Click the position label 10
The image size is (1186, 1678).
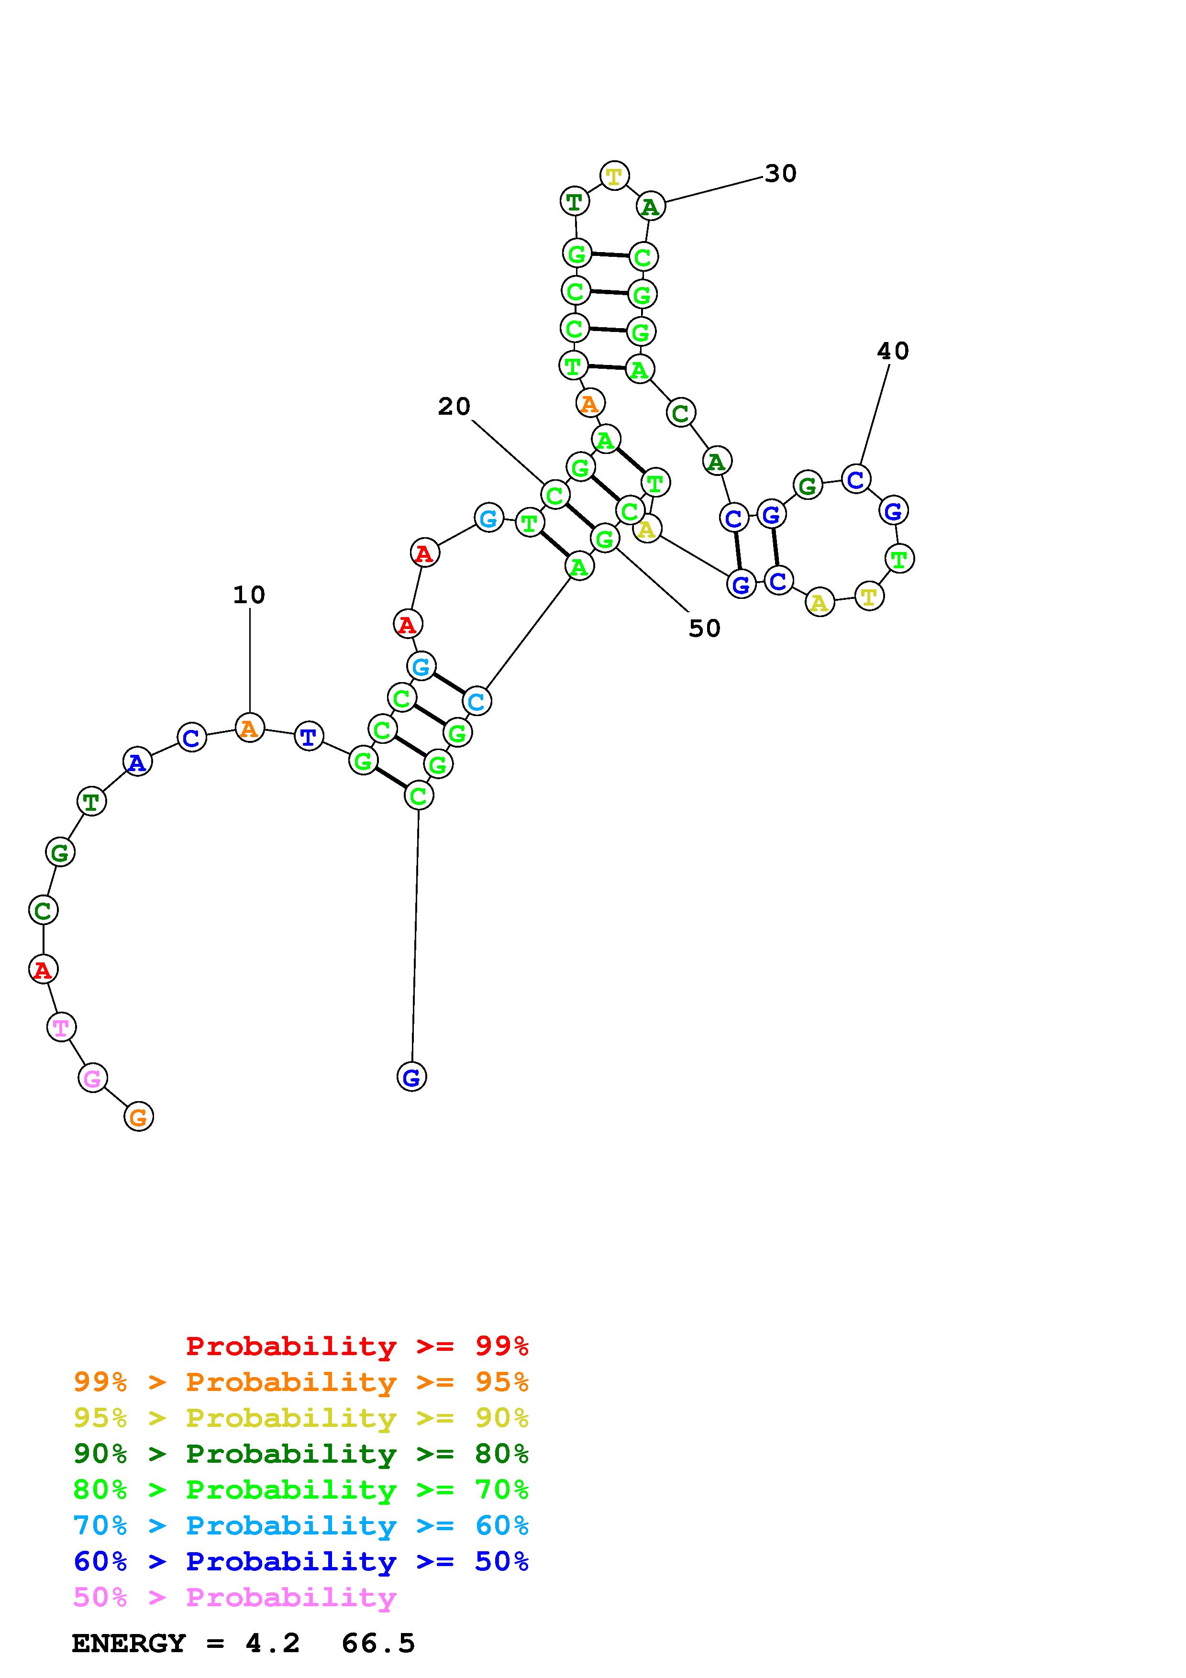[x=249, y=595]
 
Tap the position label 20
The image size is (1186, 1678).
[x=454, y=406]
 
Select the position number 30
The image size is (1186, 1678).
[x=780, y=174]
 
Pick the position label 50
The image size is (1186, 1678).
[x=704, y=629]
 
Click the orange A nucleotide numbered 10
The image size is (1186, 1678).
[x=249, y=728]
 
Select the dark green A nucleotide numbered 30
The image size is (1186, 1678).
[x=650, y=207]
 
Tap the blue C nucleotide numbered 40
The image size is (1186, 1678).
[x=855, y=479]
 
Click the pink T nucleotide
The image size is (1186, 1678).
[x=61, y=1027]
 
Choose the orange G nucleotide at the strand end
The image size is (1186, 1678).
[x=138, y=1117]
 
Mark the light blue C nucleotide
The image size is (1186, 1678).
[x=477, y=702]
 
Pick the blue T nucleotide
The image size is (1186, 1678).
[x=309, y=736]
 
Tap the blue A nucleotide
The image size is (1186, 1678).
[x=137, y=762]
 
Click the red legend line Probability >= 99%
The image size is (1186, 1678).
[x=357, y=1346]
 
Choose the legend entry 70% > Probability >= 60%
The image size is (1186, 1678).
[x=300, y=1525]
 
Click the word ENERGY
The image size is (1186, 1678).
[x=129, y=1644]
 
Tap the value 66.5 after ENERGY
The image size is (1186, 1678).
[x=378, y=1644]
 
